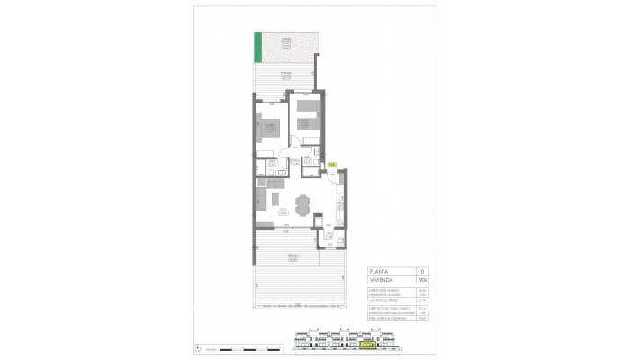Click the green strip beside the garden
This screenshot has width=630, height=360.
(x=258, y=45)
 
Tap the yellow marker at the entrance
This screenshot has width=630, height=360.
(x=332, y=165)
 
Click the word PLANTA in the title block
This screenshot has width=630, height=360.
(x=382, y=271)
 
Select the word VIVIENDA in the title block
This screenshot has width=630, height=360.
(x=384, y=281)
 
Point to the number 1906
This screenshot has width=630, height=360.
(x=424, y=281)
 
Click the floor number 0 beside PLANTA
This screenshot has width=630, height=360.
(x=424, y=271)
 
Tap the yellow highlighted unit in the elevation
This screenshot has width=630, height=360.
(x=366, y=343)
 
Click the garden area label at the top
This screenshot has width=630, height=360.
(x=286, y=41)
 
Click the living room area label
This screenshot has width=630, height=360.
(x=282, y=212)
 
